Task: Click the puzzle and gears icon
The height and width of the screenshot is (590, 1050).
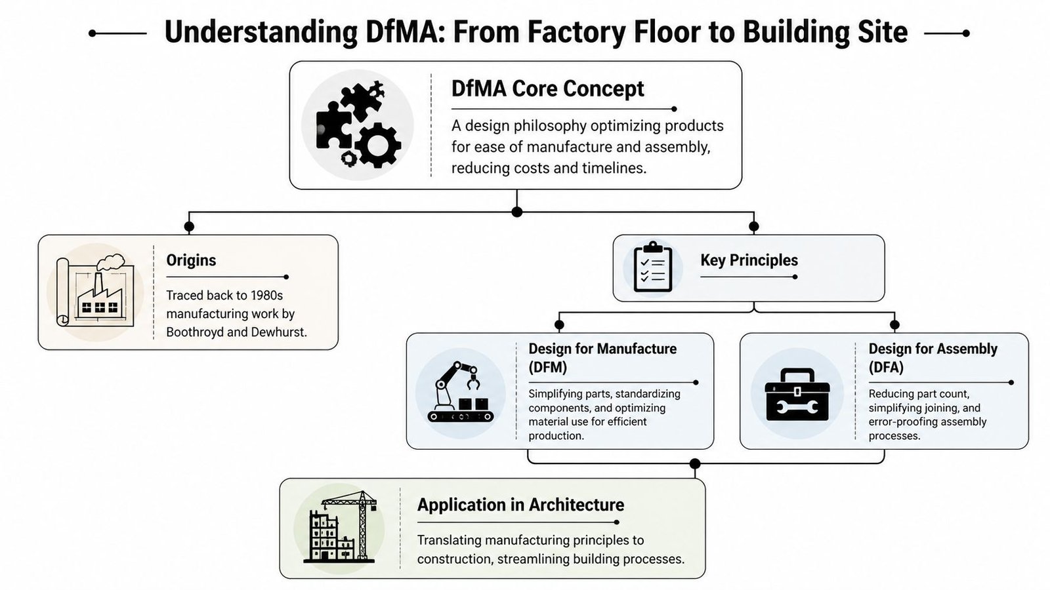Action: [358, 125]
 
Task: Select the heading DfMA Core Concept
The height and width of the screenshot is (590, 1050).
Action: [547, 88]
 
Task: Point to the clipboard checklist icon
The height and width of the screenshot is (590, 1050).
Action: [652, 267]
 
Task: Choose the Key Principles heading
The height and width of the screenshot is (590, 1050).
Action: [749, 260]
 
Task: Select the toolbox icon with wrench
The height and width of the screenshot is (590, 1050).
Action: [797, 395]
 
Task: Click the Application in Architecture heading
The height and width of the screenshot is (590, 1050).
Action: [520, 505]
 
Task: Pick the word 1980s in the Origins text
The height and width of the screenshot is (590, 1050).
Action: [266, 296]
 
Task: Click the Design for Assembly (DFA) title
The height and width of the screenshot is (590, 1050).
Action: [933, 358]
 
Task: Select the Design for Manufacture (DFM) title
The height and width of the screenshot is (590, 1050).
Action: [602, 358]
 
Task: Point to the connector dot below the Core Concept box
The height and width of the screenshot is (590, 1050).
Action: [517, 212]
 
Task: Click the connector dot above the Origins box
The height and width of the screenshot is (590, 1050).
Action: [189, 227]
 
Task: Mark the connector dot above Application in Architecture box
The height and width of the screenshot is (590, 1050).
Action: [695, 464]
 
